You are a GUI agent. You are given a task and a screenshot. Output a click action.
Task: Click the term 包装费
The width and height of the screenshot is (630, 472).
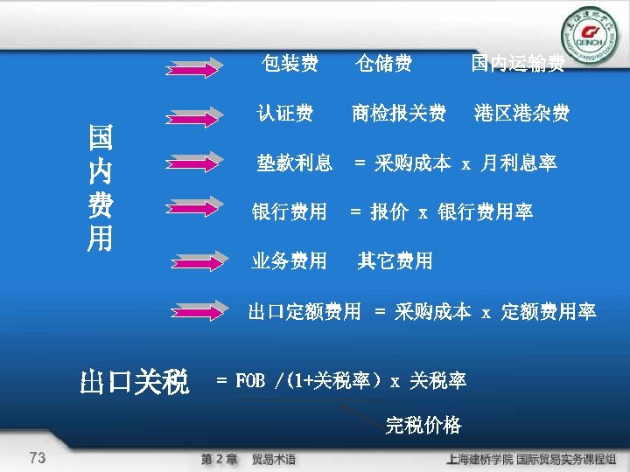tap(290, 63)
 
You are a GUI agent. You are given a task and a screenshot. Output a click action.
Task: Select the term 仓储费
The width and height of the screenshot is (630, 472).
tap(383, 63)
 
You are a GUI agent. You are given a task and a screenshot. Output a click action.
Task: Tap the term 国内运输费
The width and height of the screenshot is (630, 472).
tap(517, 63)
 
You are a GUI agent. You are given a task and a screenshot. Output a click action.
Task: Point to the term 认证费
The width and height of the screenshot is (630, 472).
tap(284, 114)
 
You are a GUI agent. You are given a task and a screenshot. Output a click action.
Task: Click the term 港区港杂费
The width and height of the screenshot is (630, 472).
tap(521, 114)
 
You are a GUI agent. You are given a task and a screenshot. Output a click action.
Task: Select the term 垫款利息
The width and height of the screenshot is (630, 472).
tap(294, 163)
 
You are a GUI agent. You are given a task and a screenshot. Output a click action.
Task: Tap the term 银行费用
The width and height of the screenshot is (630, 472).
tap(289, 212)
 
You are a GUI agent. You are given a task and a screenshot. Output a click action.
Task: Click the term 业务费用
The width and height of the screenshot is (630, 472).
tap(289, 260)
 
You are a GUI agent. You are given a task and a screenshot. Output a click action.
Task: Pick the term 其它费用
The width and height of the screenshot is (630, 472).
tap(395, 260)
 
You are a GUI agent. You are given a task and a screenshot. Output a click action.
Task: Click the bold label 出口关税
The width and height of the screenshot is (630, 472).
tap(134, 382)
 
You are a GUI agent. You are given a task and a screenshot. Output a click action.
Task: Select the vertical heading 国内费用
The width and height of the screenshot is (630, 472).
tap(99, 187)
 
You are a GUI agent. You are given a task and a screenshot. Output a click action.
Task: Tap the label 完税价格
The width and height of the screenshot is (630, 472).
tap(423, 426)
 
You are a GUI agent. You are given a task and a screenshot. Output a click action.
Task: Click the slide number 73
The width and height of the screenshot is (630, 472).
tap(38, 457)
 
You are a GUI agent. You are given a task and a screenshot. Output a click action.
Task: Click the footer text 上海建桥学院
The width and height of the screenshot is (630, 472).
tap(479, 458)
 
